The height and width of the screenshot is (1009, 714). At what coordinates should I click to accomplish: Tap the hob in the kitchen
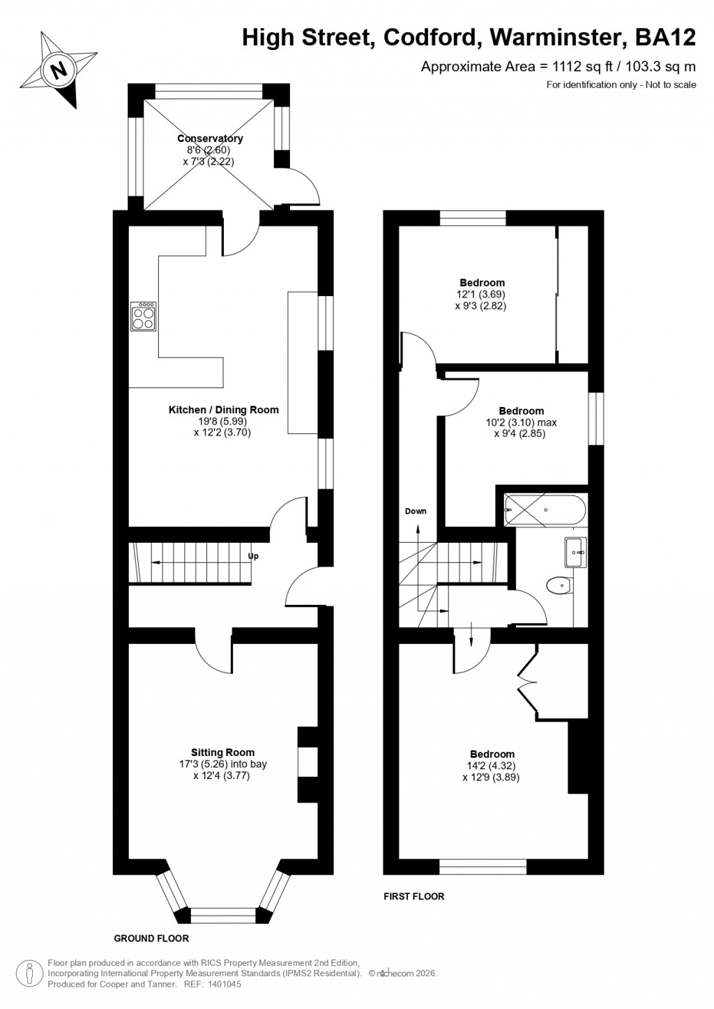click(143, 318)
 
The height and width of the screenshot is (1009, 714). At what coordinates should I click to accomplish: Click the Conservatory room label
click(210, 139)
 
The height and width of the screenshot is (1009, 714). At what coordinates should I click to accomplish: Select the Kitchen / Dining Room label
click(223, 410)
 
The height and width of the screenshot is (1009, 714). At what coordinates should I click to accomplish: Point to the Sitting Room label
click(222, 753)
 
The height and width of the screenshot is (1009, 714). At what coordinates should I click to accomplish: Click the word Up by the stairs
click(254, 556)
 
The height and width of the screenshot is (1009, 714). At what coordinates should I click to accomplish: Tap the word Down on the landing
click(416, 511)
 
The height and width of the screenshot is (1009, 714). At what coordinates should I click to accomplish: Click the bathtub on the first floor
click(545, 510)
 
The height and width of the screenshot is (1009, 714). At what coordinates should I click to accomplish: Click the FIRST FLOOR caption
click(414, 896)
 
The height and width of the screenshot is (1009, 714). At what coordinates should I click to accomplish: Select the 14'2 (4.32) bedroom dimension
click(492, 766)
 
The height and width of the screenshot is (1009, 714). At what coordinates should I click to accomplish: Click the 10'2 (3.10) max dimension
click(522, 422)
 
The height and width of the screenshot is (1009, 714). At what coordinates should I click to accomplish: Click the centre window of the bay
click(223, 914)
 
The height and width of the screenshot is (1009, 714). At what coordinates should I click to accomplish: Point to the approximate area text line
click(558, 67)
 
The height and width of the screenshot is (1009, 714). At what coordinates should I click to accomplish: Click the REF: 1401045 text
click(213, 984)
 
